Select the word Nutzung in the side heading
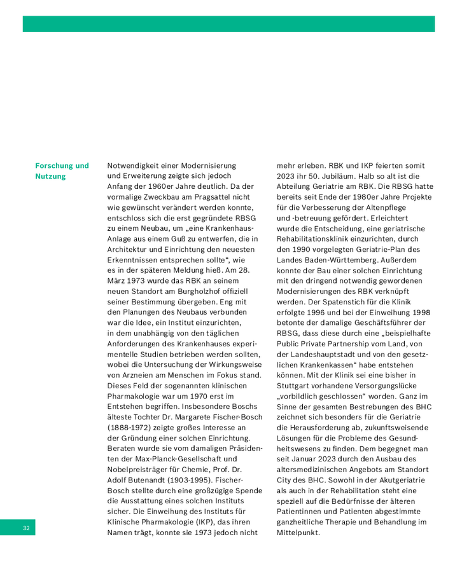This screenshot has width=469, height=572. (50, 177)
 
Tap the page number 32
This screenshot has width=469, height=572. (26, 528)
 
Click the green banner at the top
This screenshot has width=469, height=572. (228, 24)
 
